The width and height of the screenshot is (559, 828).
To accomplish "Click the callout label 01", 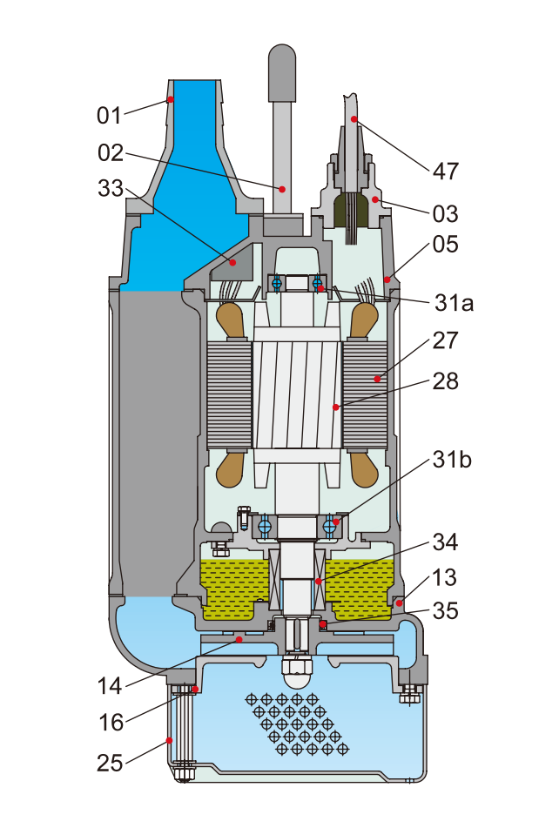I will pyautogui.click(x=110, y=114).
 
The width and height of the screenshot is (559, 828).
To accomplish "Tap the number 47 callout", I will pyautogui.click(x=445, y=171).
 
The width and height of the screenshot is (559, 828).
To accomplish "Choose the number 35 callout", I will pyautogui.click(x=445, y=611).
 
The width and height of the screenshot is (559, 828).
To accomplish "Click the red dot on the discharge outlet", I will pyautogui.click(x=171, y=100).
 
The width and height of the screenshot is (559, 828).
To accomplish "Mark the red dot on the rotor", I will pyautogui.click(x=335, y=407).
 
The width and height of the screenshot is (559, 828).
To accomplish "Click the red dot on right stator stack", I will pyautogui.click(x=377, y=378).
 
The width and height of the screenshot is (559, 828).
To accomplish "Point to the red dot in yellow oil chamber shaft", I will pyautogui.click(x=318, y=581).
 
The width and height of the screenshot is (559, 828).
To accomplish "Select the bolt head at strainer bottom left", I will pyautogui.click(x=183, y=771).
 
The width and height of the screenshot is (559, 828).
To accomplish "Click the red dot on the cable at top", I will pyautogui.click(x=354, y=118).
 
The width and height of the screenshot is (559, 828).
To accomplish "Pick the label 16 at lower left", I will pyautogui.click(x=111, y=722).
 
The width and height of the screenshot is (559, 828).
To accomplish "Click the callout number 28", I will pyautogui.click(x=446, y=381).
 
